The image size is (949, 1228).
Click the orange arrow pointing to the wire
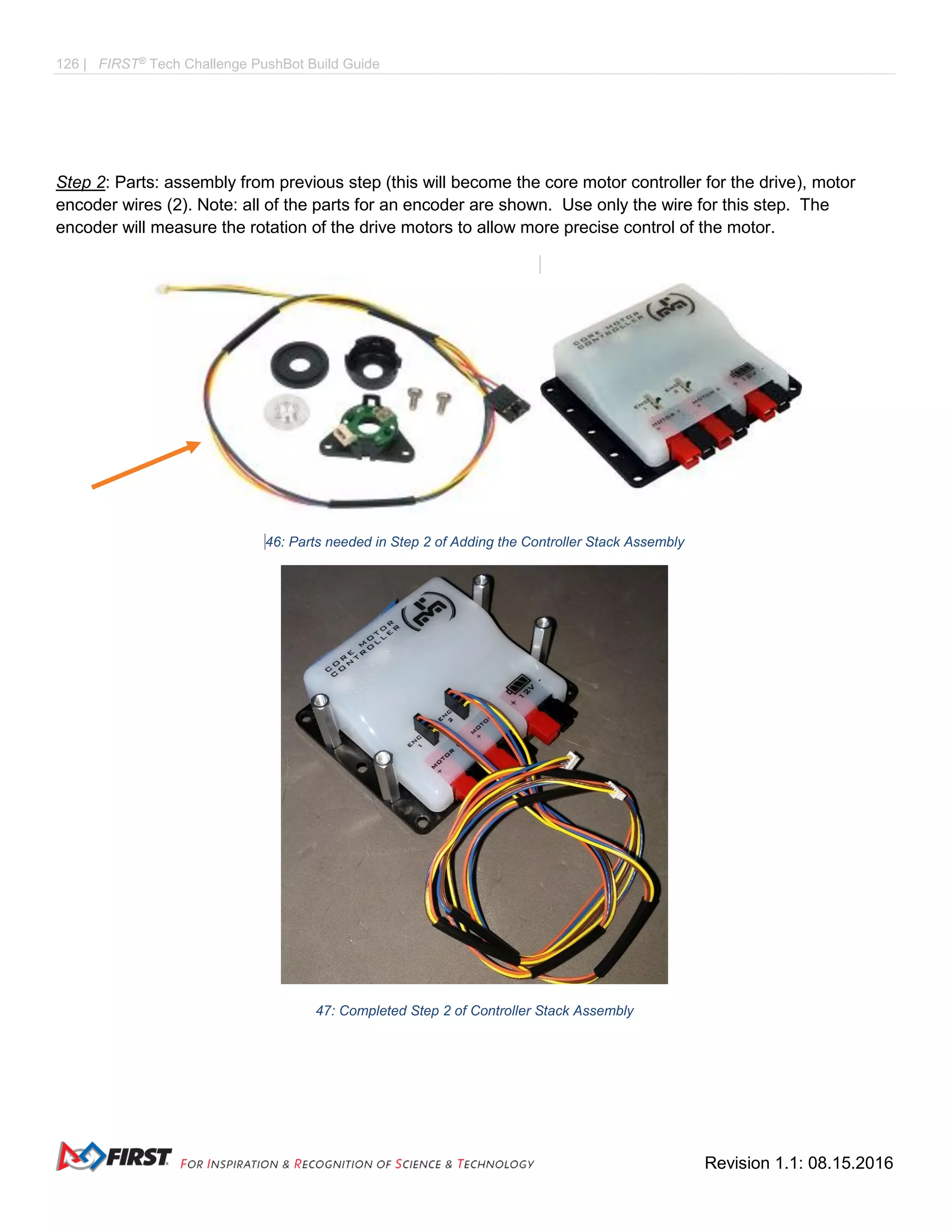point(146,465)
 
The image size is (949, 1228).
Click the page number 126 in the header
point(68,64)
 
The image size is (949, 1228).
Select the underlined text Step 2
point(80,182)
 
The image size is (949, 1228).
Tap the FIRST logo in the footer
point(114,1157)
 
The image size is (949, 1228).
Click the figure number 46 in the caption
point(274,542)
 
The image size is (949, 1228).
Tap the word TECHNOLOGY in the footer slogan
point(495,1164)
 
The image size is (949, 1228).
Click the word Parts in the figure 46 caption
point(305,542)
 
